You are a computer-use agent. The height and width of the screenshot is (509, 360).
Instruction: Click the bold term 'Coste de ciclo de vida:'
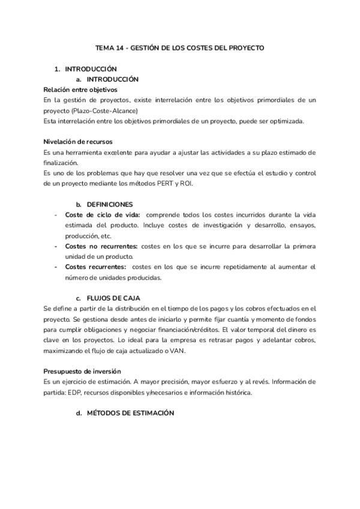point(102,215)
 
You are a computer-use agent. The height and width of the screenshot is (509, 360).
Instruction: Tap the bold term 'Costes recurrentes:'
point(95,267)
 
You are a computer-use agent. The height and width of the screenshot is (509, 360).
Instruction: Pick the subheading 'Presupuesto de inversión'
point(82,371)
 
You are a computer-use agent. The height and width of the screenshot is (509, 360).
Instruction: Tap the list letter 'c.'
point(79,298)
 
